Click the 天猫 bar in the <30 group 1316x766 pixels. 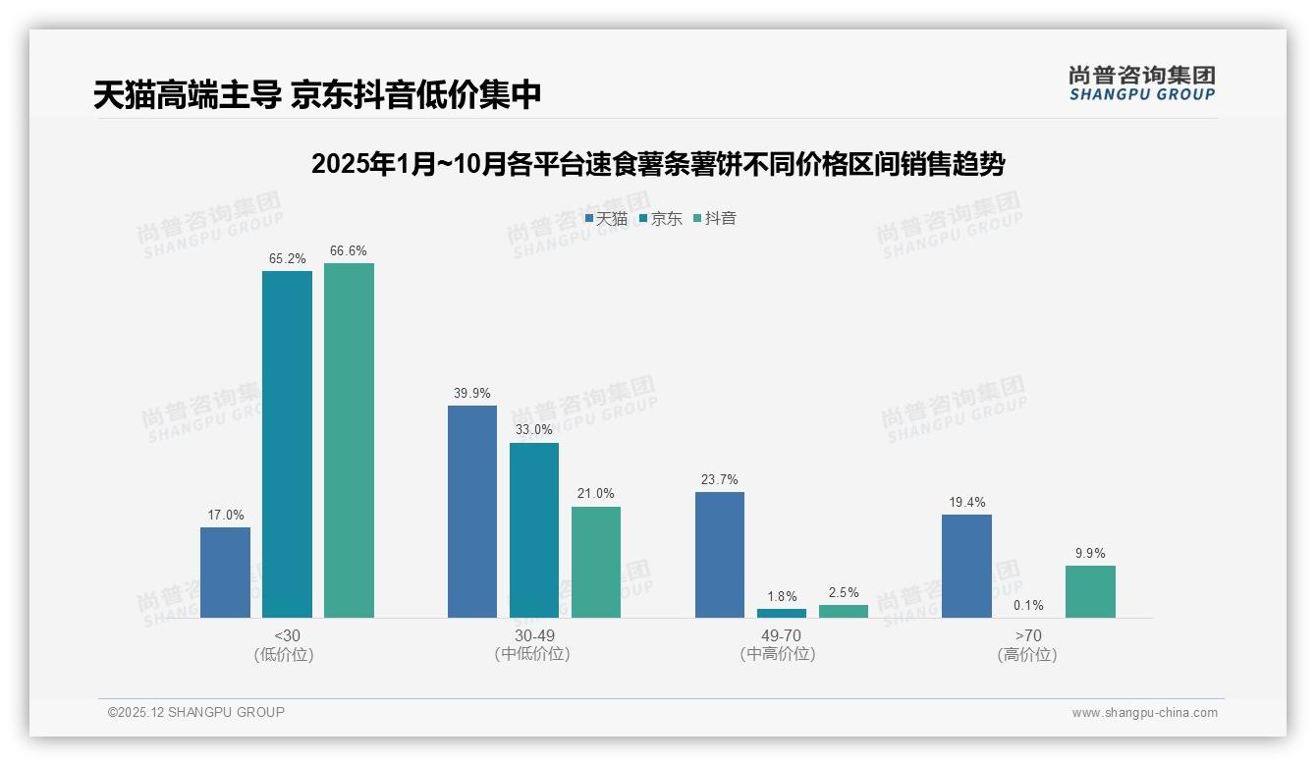(225, 573)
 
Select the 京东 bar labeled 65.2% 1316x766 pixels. (287, 444)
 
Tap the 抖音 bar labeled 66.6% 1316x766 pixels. (349, 440)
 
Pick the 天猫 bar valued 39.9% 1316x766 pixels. (472, 512)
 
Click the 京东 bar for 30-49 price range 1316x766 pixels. (534, 530)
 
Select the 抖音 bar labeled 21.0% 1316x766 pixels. (596, 562)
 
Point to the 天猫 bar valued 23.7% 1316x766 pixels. (720, 555)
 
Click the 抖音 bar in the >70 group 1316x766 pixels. (1090, 591)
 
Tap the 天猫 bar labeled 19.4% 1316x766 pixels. (966, 566)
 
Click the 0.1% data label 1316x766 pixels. (1028, 605)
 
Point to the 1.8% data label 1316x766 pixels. (782, 596)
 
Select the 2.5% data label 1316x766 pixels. (844, 592)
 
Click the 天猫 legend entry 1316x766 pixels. (606, 219)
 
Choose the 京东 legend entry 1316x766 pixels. (661, 219)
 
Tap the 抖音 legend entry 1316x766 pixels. (715, 219)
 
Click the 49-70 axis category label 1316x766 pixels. (782, 635)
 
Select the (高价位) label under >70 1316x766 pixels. (1027, 655)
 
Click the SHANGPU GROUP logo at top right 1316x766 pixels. (1141, 83)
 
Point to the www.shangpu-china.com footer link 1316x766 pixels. (1144, 713)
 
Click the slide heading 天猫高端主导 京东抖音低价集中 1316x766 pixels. (317, 95)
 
